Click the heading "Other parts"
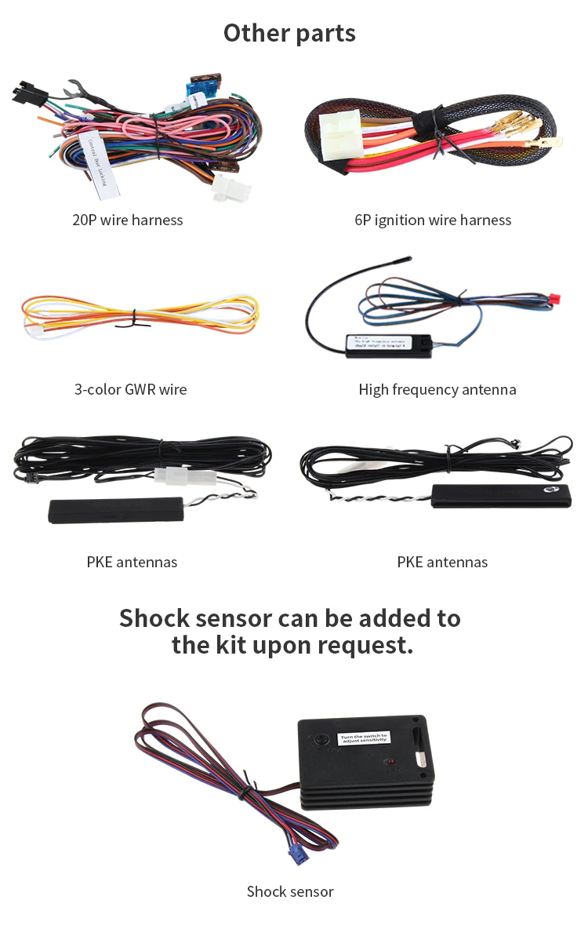click(x=289, y=33)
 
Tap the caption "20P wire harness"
click(x=127, y=220)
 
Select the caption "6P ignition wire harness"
click(x=433, y=220)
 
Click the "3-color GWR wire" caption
click(x=130, y=389)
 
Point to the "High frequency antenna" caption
click(x=437, y=389)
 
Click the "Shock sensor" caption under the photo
click(x=290, y=891)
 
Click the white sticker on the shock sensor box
click(x=363, y=738)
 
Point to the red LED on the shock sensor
click(x=388, y=763)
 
